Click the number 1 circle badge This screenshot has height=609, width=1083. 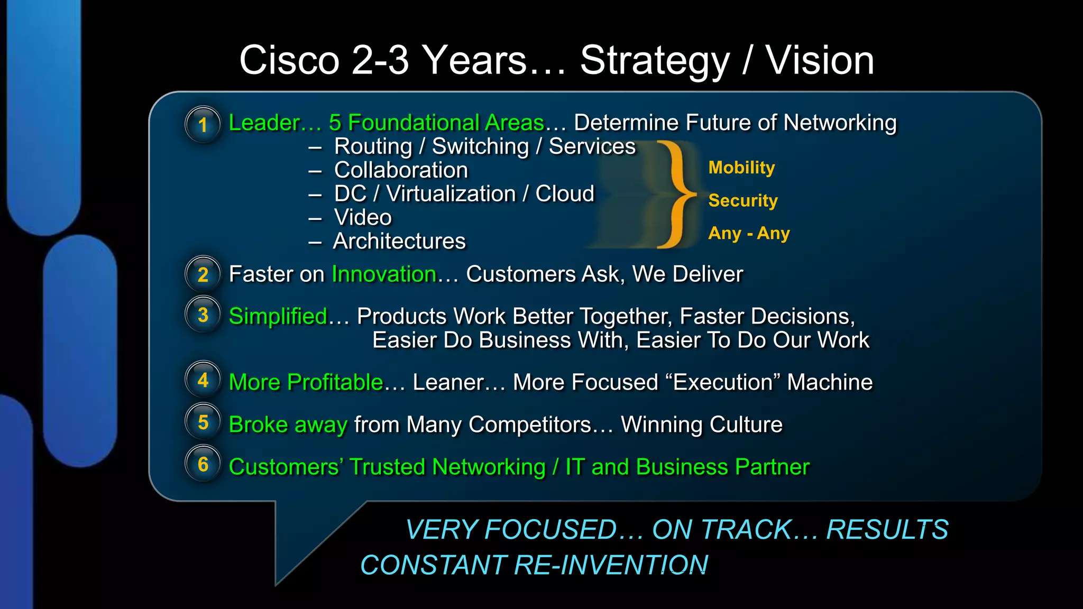point(203,125)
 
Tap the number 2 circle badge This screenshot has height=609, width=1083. point(203,274)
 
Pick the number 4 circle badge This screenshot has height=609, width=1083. point(203,380)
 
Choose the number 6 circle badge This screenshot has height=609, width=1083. point(203,464)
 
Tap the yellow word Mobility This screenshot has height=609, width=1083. point(741,168)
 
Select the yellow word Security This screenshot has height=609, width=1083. point(742,200)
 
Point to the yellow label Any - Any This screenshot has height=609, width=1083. point(749,233)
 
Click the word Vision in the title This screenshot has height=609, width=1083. point(820,60)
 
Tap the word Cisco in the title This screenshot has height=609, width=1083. point(289,60)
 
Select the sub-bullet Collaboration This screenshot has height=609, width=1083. point(401,170)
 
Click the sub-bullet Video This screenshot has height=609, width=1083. point(363,217)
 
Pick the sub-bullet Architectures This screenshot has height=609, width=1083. point(399,241)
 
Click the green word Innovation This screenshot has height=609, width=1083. point(383,274)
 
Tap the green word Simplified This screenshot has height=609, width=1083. point(278,316)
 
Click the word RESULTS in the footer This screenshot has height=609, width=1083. point(887,530)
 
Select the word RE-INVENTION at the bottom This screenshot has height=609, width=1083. point(610,565)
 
